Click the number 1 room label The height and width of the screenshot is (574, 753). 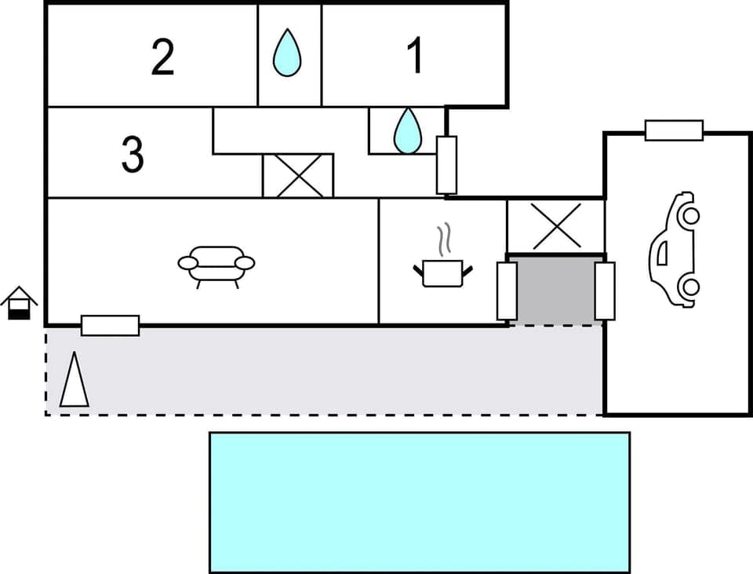click(x=415, y=57)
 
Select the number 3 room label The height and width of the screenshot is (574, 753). click(x=133, y=154)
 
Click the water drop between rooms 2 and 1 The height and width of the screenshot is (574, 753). click(x=288, y=53)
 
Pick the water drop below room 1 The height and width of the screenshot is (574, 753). click(x=407, y=130)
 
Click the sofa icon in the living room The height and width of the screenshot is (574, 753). click(x=216, y=265)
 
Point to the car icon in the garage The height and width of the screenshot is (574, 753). click(x=674, y=249)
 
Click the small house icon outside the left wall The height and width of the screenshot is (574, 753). click(x=19, y=304)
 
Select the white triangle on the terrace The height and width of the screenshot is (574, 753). click(x=75, y=381)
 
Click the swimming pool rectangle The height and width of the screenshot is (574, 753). click(x=419, y=502)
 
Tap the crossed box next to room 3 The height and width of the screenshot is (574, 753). click(x=297, y=175)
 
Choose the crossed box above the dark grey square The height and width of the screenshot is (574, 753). click(x=555, y=226)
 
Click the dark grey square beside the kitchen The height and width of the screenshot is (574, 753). click(x=555, y=289)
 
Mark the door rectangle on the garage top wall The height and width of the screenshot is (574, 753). click(x=674, y=130)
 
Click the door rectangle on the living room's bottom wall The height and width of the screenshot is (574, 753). click(x=110, y=325)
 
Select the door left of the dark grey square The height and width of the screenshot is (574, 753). click(x=507, y=291)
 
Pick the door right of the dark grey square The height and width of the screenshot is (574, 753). click(x=604, y=291)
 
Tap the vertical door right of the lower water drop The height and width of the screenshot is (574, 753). click(x=446, y=165)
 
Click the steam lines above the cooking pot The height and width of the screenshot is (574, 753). click(x=445, y=239)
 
